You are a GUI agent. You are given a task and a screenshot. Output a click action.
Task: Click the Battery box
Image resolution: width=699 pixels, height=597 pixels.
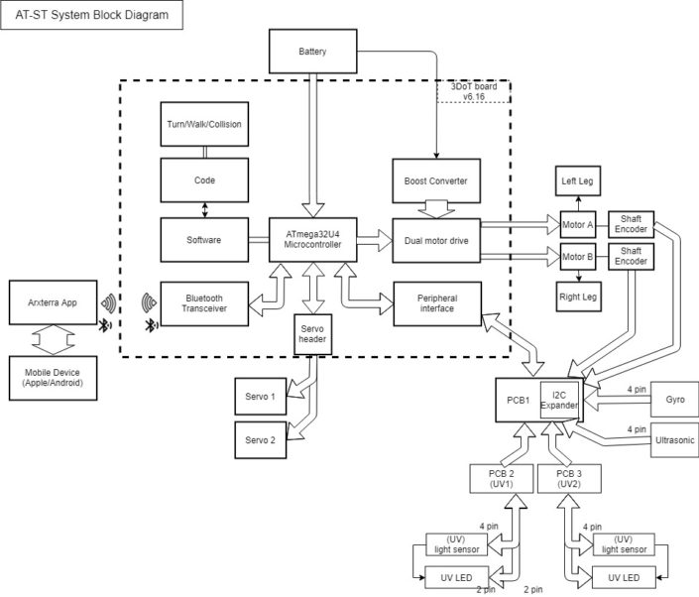[312, 52]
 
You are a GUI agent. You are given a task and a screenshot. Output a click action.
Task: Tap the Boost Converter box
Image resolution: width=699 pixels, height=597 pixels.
[435, 180]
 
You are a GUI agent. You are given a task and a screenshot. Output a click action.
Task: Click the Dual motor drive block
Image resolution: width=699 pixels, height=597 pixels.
[435, 239]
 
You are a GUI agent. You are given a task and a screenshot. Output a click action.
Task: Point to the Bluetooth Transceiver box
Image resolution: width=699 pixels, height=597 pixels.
[203, 301]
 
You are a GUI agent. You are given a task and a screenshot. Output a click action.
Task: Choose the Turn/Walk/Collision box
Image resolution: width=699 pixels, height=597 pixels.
[203, 125]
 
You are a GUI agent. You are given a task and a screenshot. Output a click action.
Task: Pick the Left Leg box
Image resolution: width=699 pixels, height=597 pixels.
[576, 180]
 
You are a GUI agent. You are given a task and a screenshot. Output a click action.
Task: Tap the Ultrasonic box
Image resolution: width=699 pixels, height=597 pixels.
[673, 438]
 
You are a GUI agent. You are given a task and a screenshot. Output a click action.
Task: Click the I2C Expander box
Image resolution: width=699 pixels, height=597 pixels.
[558, 399]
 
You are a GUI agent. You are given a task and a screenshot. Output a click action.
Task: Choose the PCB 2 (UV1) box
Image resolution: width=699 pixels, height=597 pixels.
[500, 480]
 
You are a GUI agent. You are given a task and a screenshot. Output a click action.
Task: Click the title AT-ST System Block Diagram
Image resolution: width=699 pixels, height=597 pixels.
[91, 15]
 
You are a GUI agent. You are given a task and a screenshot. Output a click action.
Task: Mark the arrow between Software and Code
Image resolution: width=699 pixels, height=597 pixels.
[204, 210]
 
